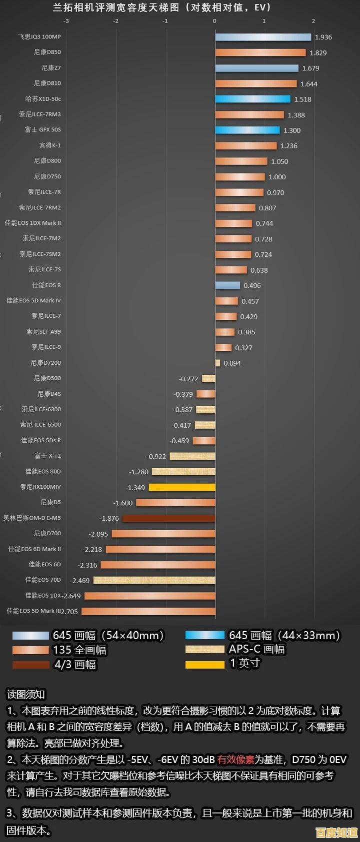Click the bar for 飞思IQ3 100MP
click(263, 37)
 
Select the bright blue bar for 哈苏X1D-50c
click(252, 99)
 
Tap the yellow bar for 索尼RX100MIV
click(182, 487)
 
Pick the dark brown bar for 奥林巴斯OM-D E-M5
click(168, 518)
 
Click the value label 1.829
click(318, 53)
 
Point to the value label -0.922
click(156, 456)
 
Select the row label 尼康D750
click(47, 176)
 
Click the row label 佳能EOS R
click(46, 285)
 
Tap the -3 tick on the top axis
click(66, 21)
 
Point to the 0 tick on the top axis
click(214, 21)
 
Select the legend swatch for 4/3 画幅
click(30, 665)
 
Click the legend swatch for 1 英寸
click(204, 664)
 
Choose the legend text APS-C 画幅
click(256, 649)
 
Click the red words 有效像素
click(235, 760)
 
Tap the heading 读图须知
click(25, 694)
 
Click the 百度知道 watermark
click(336, 832)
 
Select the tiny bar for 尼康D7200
click(217, 363)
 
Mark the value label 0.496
click(252, 286)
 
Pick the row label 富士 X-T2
click(47, 456)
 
